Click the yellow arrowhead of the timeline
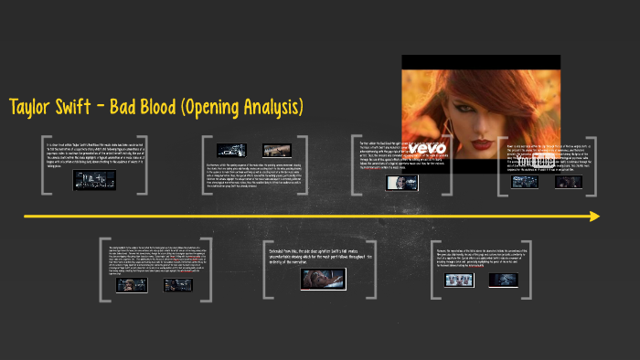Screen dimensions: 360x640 tap(594, 217)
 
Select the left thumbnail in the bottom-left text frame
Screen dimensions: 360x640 tap(131, 285)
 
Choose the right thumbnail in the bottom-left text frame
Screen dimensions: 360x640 tap(173, 285)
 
